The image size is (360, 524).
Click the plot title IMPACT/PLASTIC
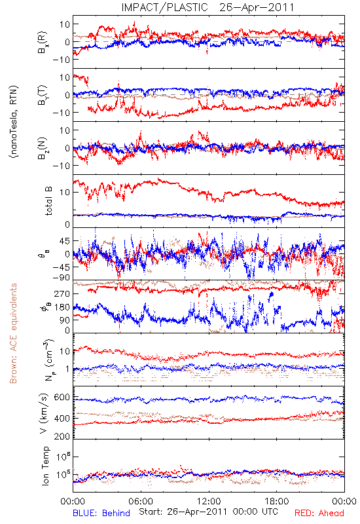tap(164, 7)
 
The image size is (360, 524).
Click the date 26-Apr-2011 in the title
tap(257, 7)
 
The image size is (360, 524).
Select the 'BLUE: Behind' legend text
tap(101, 513)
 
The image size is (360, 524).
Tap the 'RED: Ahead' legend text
tap(319, 513)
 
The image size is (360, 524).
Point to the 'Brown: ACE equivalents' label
tap(13, 333)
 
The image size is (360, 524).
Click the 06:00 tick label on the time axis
tap(141, 501)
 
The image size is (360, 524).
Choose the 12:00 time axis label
tap(209, 501)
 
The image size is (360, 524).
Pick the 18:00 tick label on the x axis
tap(277, 501)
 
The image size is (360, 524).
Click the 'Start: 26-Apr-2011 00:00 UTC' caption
tap(208, 512)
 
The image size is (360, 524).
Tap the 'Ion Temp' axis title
tap(46, 466)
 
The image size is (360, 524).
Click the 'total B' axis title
tap(48, 201)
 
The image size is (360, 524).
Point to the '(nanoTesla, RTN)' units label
tap(14, 121)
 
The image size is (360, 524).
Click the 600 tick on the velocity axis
tap(62, 397)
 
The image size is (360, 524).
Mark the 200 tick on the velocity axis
tap(62, 436)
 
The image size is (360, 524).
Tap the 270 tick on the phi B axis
tap(62, 293)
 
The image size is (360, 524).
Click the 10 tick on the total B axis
tap(65, 193)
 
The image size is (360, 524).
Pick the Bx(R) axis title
tap(43, 43)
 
